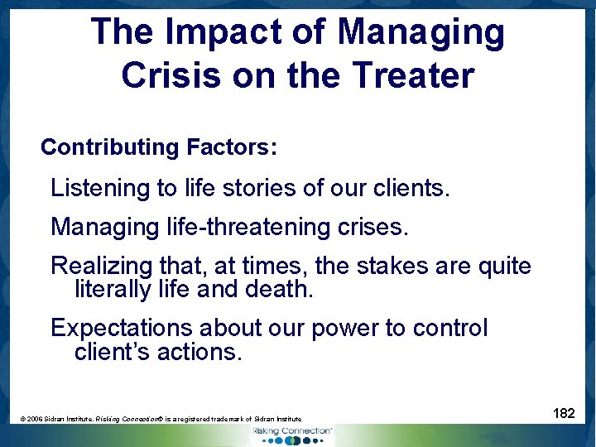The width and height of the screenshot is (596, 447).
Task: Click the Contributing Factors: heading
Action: (x=159, y=147)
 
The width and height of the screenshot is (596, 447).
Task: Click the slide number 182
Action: (x=563, y=413)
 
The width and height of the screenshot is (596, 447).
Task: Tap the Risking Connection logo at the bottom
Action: (x=293, y=435)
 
